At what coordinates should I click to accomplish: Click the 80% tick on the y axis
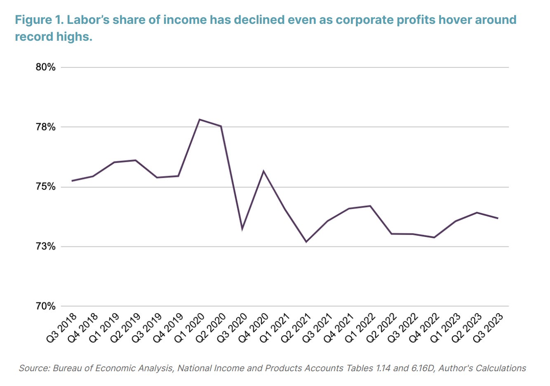pyautogui.click(x=45, y=67)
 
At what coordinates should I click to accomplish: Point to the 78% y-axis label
pyautogui.click(x=45, y=127)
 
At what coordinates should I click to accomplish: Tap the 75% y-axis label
pyautogui.click(x=45, y=187)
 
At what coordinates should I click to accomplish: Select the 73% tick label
pyautogui.click(x=45, y=246)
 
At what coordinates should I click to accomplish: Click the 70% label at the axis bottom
pyautogui.click(x=45, y=306)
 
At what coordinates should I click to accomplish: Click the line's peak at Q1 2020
pyautogui.click(x=200, y=119)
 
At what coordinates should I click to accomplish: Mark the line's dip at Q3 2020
pyautogui.click(x=242, y=229)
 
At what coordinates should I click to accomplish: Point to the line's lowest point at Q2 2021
pyautogui.click(x=306, y=242)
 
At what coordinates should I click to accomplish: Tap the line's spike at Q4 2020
pyautogui.click(x=263, y=171)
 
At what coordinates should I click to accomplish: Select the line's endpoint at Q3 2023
pyautogui.click(x=498, y=218)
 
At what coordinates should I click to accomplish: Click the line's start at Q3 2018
pyautogui.click(x=72, y=181)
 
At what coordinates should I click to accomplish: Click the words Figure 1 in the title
pyautogui.click(x=38, y=20)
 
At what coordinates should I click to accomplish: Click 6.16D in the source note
pyautogui.click(x=423, y=368)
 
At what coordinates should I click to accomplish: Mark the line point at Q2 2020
pyautogui.click(x=221, y=126)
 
